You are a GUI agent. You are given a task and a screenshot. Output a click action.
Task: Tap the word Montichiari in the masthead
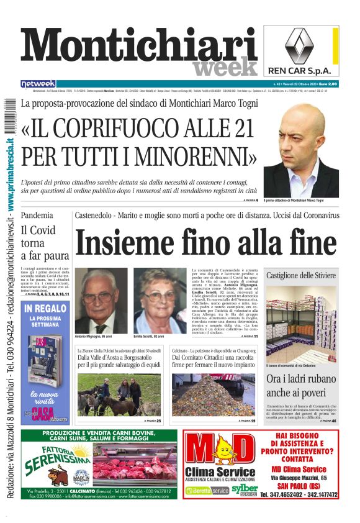[x=140, y=49]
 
